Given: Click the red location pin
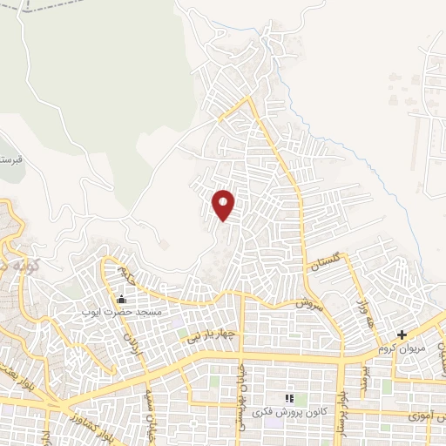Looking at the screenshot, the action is tap(224, 204).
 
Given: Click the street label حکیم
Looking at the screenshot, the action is tap(129, 278).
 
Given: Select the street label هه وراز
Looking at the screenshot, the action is tap(362, 307).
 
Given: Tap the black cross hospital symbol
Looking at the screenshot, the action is tap(402, 334).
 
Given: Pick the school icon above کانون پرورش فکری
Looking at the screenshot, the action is tap(289, 398).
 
